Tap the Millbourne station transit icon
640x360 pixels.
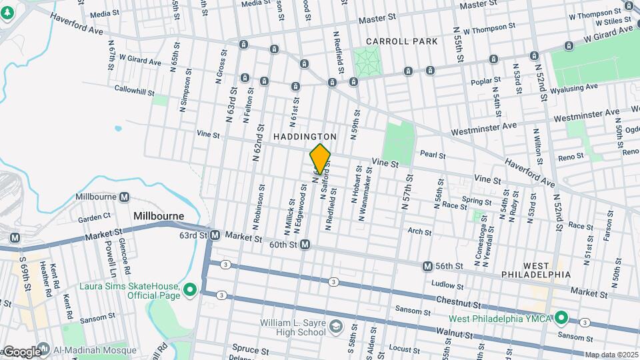(125, 197)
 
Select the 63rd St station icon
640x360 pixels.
(215, 235)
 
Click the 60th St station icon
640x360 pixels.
(305, 245)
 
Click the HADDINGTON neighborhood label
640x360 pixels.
(305, 136)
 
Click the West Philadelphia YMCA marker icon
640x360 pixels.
(561, 317)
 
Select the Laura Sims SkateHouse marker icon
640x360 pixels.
(189, 289)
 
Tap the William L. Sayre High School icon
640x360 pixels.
(336, 326)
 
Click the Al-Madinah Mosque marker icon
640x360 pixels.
(43, 349)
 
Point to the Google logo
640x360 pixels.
(21, 351)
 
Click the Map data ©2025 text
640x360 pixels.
(611, 355)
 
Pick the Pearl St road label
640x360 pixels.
(433, 155)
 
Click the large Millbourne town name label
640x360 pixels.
(159, 216)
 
